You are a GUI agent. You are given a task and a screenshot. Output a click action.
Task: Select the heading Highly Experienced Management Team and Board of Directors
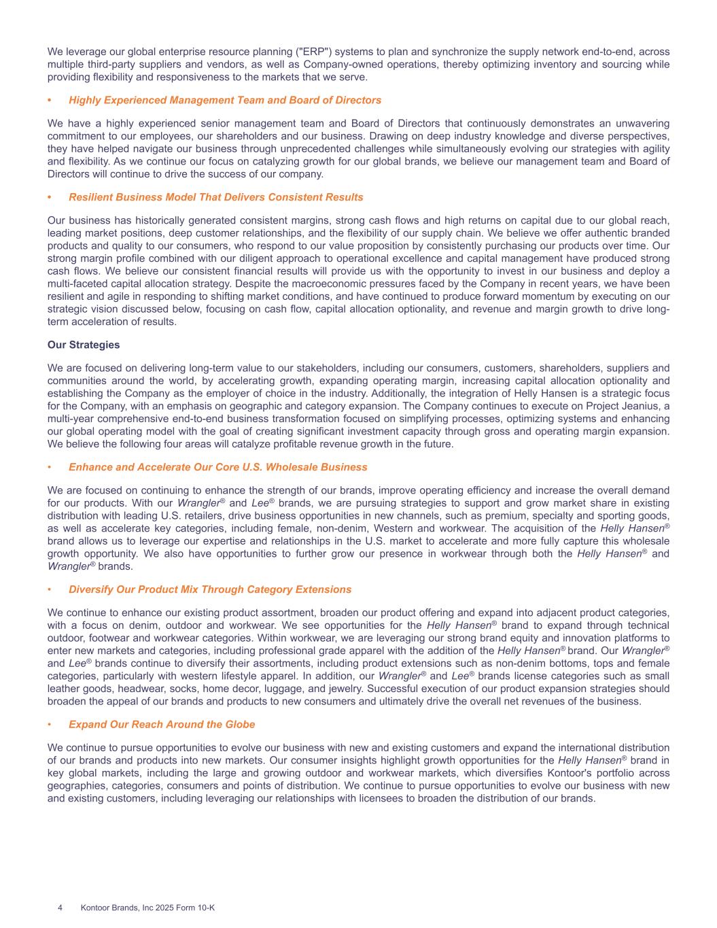pos(225,100)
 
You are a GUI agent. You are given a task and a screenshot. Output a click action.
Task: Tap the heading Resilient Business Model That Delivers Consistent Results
pos(216,197)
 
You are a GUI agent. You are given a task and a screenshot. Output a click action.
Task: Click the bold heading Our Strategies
pos(84,345)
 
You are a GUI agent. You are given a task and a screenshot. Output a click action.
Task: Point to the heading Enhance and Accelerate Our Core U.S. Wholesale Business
pos(217,467)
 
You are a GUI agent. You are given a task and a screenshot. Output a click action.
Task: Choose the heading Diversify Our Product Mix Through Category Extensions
pos(210,589)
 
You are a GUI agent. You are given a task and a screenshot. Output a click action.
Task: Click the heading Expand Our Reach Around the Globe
pos(162,724)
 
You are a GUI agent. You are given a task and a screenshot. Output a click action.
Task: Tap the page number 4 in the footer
pos(60,908)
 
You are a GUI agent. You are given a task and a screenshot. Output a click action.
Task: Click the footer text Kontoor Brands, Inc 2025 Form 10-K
pos(147,908)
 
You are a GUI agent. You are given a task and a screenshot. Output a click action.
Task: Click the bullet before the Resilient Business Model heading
pos(50,197)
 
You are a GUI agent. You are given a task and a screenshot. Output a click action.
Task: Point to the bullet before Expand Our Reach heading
pos(50,724)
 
